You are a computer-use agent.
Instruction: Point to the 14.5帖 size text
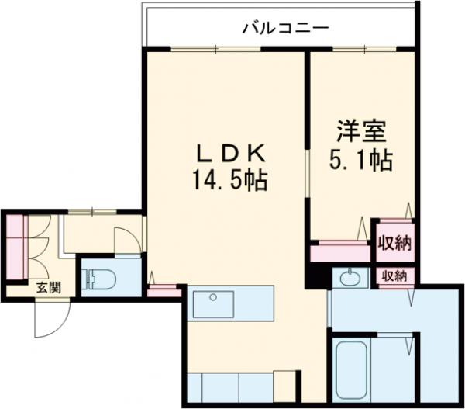[230, 181]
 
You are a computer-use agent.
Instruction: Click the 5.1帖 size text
[362, 160]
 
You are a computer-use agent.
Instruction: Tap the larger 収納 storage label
[394, 243]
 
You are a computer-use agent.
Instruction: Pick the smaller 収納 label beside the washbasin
[394, 276]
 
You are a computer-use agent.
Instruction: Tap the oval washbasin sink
[352, 276]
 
